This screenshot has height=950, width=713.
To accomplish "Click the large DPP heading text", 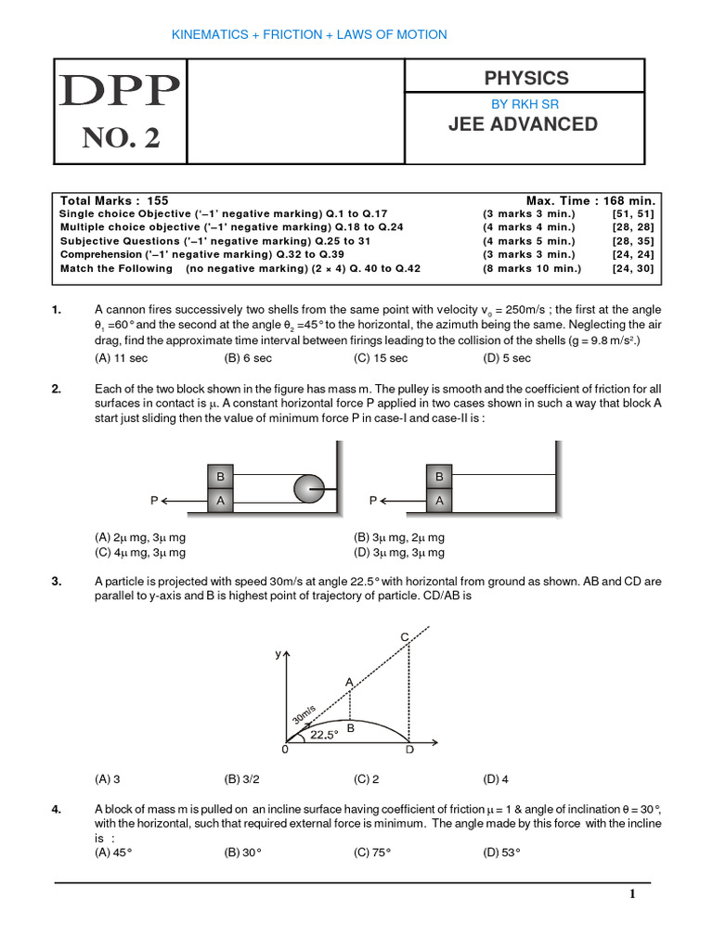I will [x=121, y=92].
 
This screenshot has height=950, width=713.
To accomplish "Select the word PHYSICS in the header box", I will [x=525, y=78].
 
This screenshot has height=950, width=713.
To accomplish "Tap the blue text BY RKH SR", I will [x=525, y=104].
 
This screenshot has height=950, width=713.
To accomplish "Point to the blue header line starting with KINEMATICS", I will [x=309, y=34].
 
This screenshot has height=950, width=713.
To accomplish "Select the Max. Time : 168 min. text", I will [x=590, y=200].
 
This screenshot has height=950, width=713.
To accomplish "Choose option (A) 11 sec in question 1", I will [x=121, y=358].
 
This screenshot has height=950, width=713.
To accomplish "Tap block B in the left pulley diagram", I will [x=221, y=477].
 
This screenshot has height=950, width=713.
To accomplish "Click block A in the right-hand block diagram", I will [x=439, y=500].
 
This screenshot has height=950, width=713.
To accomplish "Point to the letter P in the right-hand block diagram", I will [x=373, y=500].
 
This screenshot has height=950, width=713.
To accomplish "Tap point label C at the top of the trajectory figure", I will [x=405, y=636].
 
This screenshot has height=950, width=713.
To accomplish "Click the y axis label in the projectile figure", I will [x=276, y=654].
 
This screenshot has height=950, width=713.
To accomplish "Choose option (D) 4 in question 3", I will [x=496, y=779].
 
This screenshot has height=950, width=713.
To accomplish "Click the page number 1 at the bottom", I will [x=632, y=894].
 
